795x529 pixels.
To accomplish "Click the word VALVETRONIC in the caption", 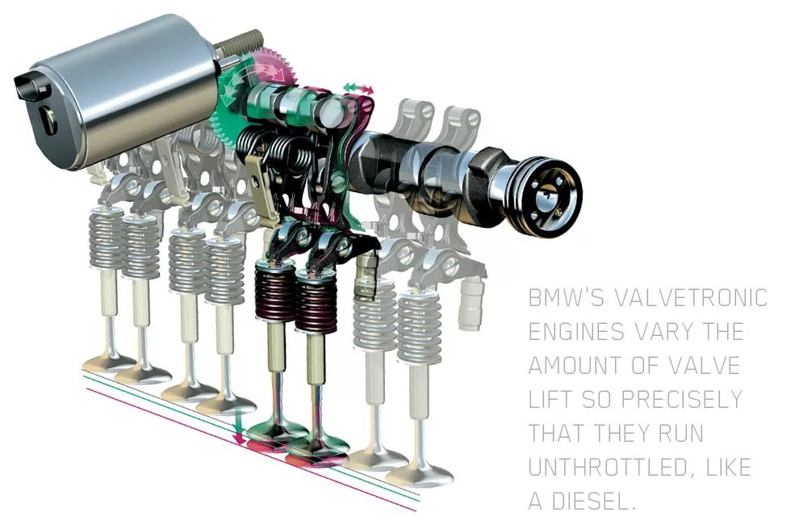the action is (691, 298).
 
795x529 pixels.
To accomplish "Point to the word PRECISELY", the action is (681, 399).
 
